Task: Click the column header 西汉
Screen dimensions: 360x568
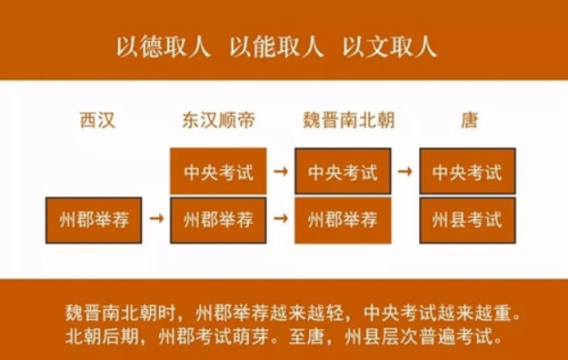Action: point(97,121)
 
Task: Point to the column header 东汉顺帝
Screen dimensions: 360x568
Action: point(218,121)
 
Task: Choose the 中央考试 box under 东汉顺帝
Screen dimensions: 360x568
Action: point(218,171)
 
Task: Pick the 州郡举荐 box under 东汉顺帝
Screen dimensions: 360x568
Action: point(218,219)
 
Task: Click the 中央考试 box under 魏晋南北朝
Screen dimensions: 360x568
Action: point(343,171)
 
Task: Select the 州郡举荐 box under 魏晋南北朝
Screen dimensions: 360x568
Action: point(343,219)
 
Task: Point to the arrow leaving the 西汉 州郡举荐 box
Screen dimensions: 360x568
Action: point(156,219)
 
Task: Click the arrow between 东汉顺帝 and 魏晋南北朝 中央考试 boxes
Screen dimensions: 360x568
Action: point(281,171)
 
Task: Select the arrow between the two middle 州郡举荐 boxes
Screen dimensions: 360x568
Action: point(281,219)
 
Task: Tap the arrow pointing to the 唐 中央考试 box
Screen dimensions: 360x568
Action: point(405,171)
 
